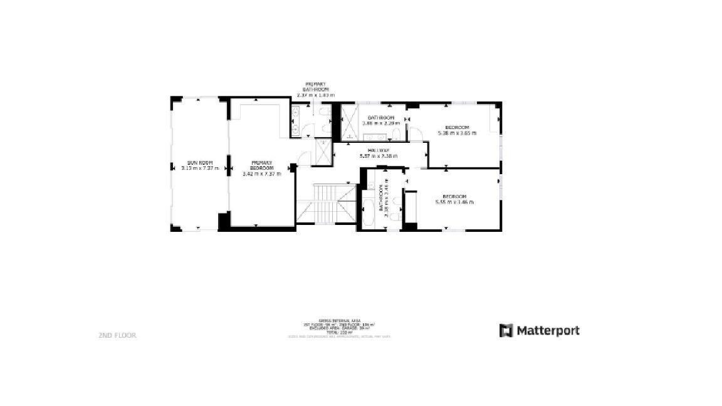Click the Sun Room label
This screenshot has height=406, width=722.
coord(200,162)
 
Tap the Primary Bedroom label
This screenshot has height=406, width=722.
coord(262,165)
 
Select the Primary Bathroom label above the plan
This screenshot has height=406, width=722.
coord(315,86)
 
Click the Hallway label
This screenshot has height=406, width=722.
coord(379,150)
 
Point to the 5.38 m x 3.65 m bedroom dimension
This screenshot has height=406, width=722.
coord(456,133)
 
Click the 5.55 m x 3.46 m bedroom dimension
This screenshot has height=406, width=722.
coord(454,202)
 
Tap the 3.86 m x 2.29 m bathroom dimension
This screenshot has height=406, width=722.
coord(380,123)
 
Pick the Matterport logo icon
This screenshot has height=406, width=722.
coord(506,330)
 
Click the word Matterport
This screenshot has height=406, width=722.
coord(548,330)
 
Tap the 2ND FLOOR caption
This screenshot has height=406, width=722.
coord(117,335)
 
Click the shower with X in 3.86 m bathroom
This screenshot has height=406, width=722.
coord(347,122)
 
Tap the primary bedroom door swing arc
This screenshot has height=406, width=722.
coord(303,158)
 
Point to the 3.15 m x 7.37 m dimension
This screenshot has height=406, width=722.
coord(200,168)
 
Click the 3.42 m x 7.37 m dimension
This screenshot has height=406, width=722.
coord(262,174)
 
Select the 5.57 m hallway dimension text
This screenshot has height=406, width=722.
coord(379,156)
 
